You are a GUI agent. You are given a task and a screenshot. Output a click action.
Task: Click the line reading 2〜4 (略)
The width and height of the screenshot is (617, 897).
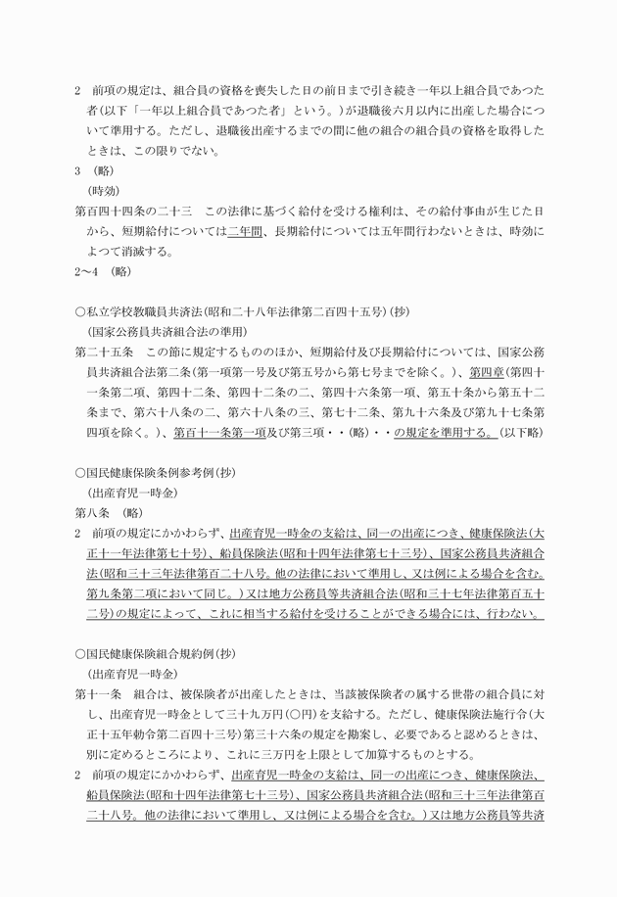(x=103, y=270)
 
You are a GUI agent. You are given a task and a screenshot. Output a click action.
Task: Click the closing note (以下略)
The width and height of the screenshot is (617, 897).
(x=520, y=432)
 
